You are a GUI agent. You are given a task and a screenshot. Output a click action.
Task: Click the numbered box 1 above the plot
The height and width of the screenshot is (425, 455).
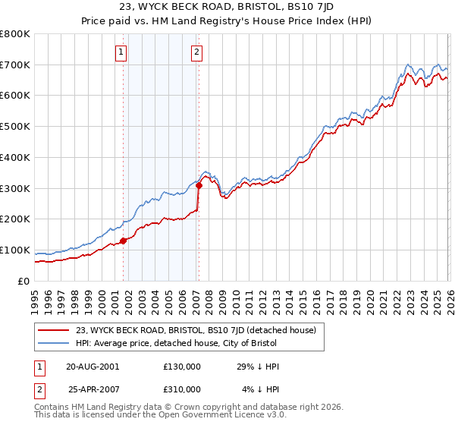tap(121, 52)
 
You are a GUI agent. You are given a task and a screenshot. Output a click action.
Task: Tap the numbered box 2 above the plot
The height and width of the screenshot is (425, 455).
tap(196, 52)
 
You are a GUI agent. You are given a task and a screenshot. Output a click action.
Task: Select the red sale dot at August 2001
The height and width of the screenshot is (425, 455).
tap(123, 241)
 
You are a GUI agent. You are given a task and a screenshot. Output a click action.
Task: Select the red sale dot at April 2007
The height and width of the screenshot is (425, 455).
tap(199, 184)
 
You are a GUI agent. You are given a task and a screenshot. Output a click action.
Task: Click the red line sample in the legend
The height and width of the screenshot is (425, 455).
tap(54, 329)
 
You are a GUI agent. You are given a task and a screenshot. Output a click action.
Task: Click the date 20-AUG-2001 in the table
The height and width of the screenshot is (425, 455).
tap(93, 366)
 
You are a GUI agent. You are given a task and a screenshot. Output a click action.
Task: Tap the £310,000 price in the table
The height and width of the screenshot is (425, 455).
tap(182, 389)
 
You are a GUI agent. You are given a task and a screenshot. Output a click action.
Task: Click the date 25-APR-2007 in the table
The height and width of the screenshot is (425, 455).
tap(93, 389)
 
